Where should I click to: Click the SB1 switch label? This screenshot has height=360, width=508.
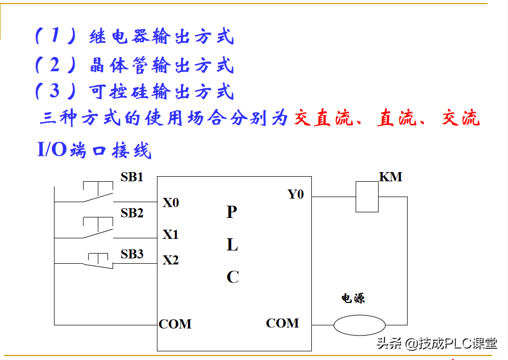[x=132, y=177]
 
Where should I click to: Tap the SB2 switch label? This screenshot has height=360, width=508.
[x=132, y=213]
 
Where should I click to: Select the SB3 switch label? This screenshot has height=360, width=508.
[x=132, y=254]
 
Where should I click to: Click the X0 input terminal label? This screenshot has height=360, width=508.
[x=171, y=203]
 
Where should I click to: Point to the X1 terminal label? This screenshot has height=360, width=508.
[x=171, y=235]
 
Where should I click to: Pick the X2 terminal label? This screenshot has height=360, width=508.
[x=171, y=260]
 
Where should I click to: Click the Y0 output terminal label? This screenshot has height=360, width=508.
[x=296, y=194]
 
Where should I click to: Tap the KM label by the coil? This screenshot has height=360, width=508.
[x=391, y=177]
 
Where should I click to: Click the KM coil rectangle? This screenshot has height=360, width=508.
[x=367, y=197]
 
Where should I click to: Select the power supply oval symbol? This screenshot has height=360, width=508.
[x=360, y=325]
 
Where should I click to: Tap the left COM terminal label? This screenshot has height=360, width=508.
[x=175, y=324]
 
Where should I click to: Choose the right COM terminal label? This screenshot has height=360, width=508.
[x=282, y=323]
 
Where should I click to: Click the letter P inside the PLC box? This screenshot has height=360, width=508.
[x=232, y=212]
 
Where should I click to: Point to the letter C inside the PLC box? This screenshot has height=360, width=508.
[x=232, y=277]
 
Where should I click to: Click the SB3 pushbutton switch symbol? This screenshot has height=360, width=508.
[x=98, y=260]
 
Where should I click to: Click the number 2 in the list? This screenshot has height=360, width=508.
[x=55, y=65]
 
